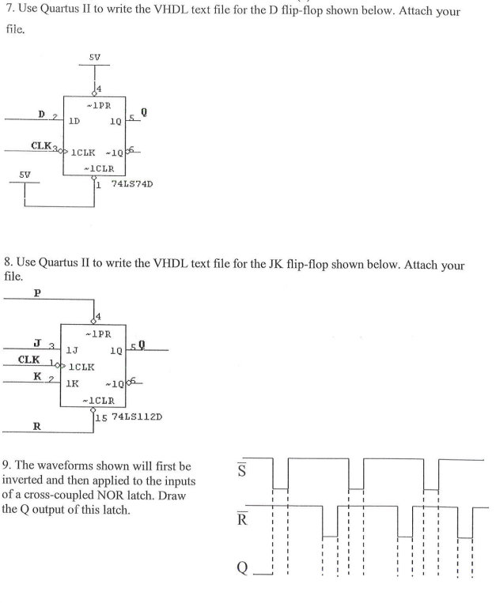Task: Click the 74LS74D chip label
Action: tap(132, 184)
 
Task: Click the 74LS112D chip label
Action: tap(137, 416)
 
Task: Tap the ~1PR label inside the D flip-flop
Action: tap(99, 105)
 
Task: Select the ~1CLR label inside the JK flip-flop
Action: tap(99, 401)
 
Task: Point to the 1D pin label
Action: tap(74, 121)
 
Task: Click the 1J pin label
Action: tap(72, 350)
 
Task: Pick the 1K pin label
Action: tap(72, 383)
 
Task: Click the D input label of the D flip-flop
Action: tap(42, 115)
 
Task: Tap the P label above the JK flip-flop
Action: tap(37, 293)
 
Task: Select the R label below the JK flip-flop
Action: tap(37, 426)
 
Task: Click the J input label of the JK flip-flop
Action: tap(37, 343)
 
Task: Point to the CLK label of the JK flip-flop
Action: tap(28, 360)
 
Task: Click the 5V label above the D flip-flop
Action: tap(95, 58)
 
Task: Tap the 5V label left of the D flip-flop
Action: tap(25, 175)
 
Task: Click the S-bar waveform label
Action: tap(241, 469)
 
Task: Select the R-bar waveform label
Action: tap(242, 518)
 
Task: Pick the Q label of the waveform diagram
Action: tap(242, 567)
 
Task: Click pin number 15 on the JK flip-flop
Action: tap(101, 417)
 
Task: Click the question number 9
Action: tap(6, 465)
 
